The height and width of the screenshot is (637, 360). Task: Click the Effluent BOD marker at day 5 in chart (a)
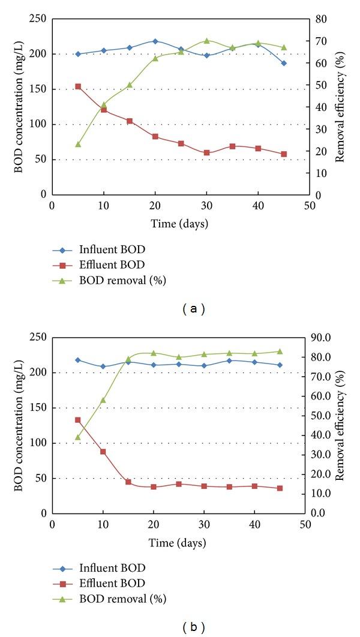tap(78, 86)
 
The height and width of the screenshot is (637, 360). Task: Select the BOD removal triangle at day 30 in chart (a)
tap(206, 41)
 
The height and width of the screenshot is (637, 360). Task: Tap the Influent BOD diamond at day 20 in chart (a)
tap(155, 41)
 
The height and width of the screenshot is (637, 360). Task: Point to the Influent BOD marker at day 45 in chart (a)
tap(284, 63)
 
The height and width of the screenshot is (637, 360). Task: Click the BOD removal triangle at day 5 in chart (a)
tap(78, 144)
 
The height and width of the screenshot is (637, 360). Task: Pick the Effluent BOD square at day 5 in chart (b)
tap(78, 420)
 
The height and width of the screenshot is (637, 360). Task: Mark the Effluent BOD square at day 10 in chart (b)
tap(103, 452)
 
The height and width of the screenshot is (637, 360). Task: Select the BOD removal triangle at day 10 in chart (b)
tap(103, 400)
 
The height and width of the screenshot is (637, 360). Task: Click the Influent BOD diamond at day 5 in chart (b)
tap(78, 360)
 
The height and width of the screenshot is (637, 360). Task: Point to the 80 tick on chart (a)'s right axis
tap(320, 19)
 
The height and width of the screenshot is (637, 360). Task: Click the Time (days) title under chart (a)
tap(179, 224)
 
